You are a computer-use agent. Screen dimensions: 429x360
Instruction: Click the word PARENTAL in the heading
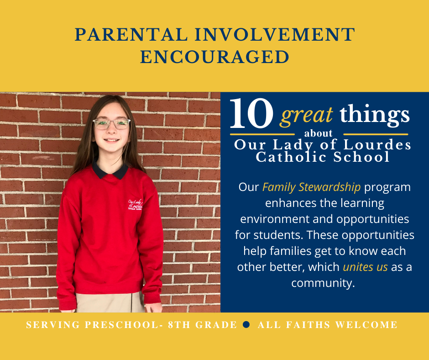point(131,35)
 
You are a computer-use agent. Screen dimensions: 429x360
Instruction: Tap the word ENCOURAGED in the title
point(214,57)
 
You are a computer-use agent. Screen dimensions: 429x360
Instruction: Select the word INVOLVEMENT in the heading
point(275,35)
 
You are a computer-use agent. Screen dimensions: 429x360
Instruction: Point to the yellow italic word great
point(306,115)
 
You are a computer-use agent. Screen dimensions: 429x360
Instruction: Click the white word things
point(375,115)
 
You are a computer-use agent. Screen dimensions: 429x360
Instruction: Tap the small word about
point(318,133)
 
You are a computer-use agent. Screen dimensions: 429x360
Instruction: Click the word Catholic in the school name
point(291,157)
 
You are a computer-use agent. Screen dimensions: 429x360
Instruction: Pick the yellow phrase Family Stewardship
point(311,187)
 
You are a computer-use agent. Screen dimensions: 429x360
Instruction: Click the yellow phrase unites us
point(365,267)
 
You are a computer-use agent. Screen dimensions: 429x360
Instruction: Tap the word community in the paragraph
point(323,283)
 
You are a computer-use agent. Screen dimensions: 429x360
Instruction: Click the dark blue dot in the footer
point(246,324)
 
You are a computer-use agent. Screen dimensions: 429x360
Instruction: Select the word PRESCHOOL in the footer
point(122,325)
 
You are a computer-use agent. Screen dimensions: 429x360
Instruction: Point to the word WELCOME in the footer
point(366,325)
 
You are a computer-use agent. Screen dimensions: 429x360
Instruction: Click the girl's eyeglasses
point(112,124)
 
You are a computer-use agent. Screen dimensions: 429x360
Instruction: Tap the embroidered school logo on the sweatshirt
point(135,205)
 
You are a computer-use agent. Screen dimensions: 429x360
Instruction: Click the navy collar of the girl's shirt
point(110,170)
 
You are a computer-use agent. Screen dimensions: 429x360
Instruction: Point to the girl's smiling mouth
point(112,141)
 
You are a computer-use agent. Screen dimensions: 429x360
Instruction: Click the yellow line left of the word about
point(262,134)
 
